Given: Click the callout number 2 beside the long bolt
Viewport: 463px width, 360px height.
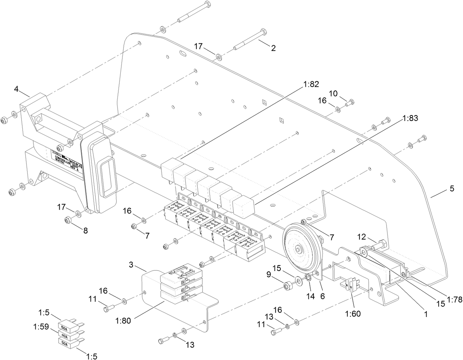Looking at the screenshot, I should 273,48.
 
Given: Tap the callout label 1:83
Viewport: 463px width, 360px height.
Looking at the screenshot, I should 410,118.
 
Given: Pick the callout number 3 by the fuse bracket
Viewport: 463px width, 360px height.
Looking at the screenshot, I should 131,265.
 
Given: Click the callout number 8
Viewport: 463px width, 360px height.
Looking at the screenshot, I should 85,231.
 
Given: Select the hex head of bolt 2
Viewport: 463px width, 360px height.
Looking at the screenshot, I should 263,32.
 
